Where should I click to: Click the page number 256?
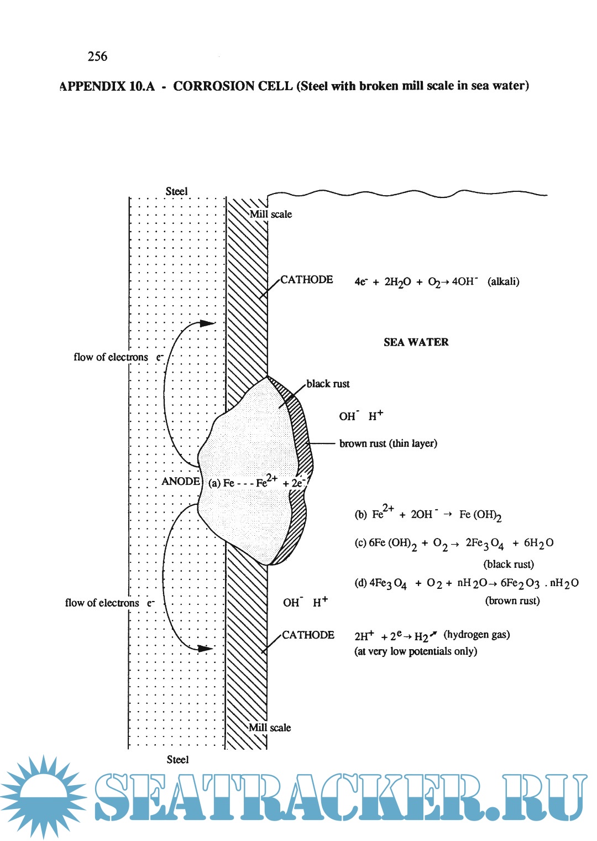tap(97, 56)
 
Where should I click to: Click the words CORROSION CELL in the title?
tap(233, 86)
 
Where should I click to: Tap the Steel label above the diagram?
tap(177, 191)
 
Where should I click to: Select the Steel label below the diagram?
tap(177, 760)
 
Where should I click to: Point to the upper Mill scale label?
tap(271, 214)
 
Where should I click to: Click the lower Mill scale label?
tap(270, 728)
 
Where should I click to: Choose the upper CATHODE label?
tap(307, 280)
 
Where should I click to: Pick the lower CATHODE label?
tap(308, 635)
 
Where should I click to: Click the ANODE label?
tap(181, 482)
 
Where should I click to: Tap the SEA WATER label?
tap(416, 342)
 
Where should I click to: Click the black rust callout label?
tap(328, 384)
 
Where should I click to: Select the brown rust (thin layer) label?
tap(388, 443)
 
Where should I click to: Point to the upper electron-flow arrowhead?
tap(207, 323)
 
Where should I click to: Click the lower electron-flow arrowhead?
tap(206, 648)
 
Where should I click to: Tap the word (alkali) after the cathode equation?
tap(504, 281)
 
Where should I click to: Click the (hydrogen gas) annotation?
tap(476, 634)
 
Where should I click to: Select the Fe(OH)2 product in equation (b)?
tap(480, 515)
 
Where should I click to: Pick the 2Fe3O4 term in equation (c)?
tap(484, 544)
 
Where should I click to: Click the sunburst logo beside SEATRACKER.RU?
tap(43, 796)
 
